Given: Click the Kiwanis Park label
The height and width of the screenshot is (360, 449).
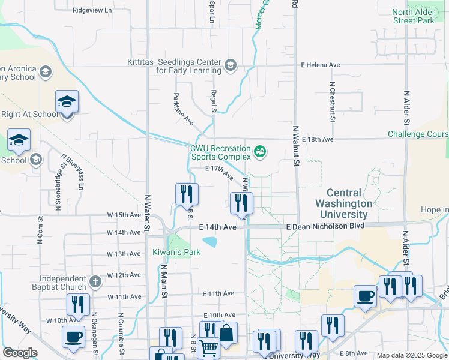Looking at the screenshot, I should (x=176, y=252).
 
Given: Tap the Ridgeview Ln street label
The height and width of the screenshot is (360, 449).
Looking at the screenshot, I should (x=92, y=10).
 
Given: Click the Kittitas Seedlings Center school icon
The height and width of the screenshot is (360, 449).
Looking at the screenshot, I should (x=230, y=65).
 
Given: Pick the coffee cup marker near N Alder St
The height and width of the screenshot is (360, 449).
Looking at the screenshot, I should (x=366, y=296).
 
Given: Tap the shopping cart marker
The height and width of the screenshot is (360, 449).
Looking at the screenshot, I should (x=208, y=347).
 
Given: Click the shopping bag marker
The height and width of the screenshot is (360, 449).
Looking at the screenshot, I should (x=227, y=333).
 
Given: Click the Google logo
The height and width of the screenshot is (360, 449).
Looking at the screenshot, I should (x=20, y=353).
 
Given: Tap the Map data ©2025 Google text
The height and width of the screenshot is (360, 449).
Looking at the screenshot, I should (x=411, y=355).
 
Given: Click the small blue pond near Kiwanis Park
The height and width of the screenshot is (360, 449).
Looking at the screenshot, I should (x=210, y=242).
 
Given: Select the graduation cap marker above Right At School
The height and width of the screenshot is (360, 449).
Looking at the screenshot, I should (x=67, y=102).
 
